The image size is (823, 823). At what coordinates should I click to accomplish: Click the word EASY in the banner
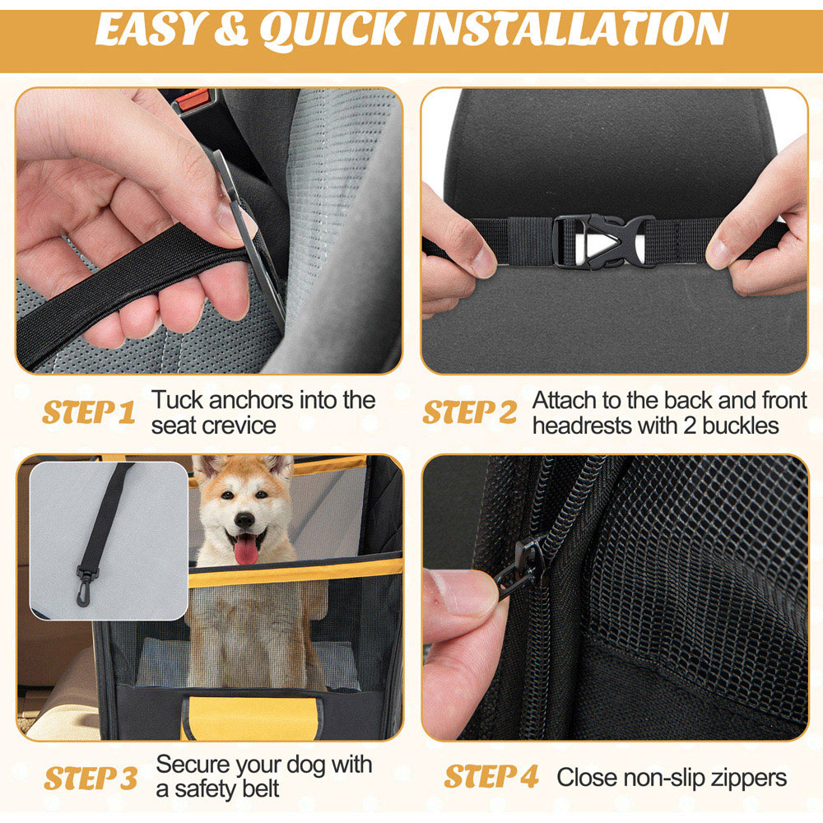pyautogui.click(x=149, y=30)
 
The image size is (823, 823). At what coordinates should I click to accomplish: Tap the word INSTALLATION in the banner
pyautogui.click(x=570, y=30)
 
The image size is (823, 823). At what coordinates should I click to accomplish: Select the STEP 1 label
pyautogui.click(x=89, y=412)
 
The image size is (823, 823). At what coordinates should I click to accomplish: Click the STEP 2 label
pyautogui.click(x=470, y=412)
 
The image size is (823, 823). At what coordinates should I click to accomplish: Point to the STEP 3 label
pyautogui.click(x=91, y=778)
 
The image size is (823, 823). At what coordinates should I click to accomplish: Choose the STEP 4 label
pyautogui.click(x=491, y=777)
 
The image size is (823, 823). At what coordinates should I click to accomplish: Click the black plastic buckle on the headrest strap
pyautogui.click(x=604, y=241)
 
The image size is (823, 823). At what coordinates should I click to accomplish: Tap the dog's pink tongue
pyautogui.click(x=245, y=550)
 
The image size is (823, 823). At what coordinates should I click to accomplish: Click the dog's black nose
pyautogui.click(x=244, y=519)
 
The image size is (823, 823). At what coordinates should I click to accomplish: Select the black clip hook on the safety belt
pyautogui.click(x=86, y=585)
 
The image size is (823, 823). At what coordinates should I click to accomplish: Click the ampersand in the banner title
pyautogui.click(x=231, y=30)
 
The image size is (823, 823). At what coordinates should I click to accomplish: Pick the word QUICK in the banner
pyautogui.click(x=332, y=30)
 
